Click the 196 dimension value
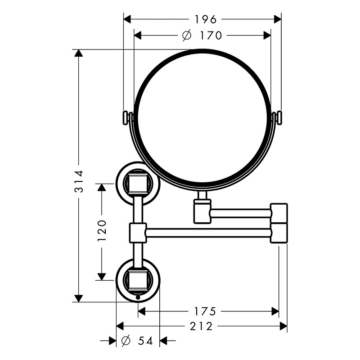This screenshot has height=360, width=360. [x=206, y=19]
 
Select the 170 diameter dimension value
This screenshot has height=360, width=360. [x=211, y=36]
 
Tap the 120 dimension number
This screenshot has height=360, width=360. [x=102, y=230]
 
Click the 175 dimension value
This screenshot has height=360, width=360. [x=206, y=311]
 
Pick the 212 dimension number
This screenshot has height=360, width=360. [x=201, y=326]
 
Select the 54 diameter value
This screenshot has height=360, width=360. [x=145, y=341]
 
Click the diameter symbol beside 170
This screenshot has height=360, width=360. [x=187, y=36]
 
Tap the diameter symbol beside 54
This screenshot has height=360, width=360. [x=126, y=341]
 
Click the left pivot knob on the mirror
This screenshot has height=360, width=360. [x=126, y=118]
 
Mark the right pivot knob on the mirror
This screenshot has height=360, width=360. [x=279, y=118]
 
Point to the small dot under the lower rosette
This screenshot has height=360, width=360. [x=138, y=298]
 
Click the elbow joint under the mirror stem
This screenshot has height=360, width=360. [x=202, y=211]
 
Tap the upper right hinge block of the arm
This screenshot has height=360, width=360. [x=279, y=213]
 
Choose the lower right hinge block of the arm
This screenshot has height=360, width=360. [x=279, y=233]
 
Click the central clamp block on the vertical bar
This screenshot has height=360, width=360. [x=138, y=233]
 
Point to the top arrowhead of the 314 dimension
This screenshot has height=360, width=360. [x=78, y=53]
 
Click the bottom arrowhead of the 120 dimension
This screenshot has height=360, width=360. [x=102, y=277]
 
